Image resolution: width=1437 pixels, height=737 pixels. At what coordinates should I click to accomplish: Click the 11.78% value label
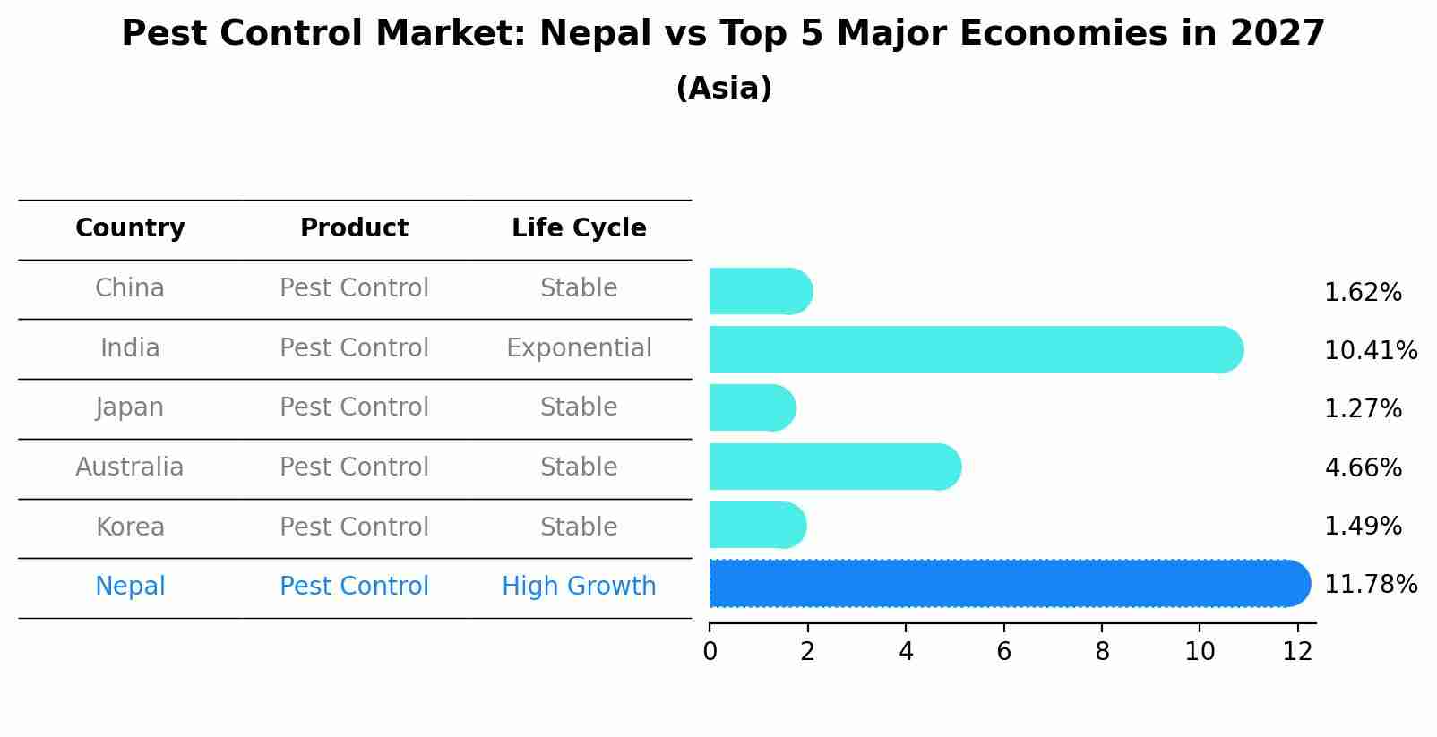[1370, 585]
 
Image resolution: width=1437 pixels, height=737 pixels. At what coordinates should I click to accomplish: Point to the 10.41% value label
[1370, 350]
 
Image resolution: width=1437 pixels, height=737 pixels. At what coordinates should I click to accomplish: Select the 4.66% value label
[1362, 467]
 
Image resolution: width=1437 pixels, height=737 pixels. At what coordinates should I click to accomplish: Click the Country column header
[130, 228]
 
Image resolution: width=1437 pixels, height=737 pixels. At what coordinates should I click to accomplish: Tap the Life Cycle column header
[579, 228]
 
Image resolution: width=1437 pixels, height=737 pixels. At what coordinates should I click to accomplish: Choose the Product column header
[354, 228]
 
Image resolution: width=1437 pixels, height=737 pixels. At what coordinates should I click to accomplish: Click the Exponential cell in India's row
[579, 347]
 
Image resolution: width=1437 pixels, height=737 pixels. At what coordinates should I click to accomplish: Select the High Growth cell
[579, 586]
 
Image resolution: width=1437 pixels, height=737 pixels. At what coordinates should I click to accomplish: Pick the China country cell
[130, 288]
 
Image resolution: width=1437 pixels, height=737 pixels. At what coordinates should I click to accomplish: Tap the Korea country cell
[130, 527]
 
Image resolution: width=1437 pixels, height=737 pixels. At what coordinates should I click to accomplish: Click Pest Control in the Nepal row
[354, 586]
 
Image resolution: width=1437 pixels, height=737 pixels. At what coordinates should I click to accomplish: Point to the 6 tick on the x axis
[1003, 652]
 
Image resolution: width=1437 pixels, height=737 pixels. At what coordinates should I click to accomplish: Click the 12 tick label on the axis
[1297, 652]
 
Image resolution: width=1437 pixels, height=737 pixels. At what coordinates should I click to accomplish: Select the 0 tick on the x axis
[710, 652]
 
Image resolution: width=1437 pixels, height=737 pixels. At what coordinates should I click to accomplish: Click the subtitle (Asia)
[724, 89]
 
